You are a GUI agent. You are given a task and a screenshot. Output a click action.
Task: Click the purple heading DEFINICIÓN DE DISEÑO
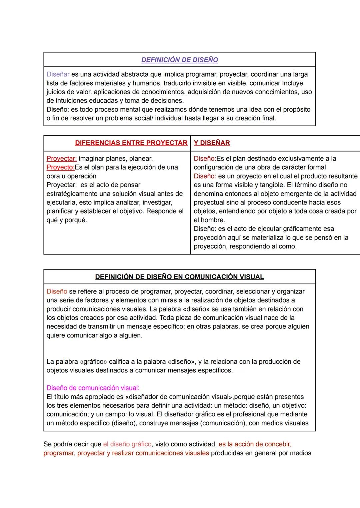tap(180, 60)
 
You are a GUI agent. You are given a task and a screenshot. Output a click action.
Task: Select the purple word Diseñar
tap(58, 74)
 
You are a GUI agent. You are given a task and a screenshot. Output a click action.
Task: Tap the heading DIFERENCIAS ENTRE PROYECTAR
tap(131, 143)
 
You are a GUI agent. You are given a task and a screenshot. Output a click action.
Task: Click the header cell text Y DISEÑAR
tap(212, 143)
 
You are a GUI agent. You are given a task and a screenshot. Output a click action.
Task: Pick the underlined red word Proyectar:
tap(62, 159)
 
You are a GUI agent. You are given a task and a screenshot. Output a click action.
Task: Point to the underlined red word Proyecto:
tap(60, 167)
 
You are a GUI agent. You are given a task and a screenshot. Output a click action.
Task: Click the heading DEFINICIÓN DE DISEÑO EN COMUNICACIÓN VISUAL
tap(179, 277)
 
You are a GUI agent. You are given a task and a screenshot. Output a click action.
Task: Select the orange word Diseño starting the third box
tap(57, 291)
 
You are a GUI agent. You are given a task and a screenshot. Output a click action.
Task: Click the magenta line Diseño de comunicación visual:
tap(93, 388)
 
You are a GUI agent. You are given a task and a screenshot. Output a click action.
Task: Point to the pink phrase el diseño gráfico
tap(127, 444)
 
